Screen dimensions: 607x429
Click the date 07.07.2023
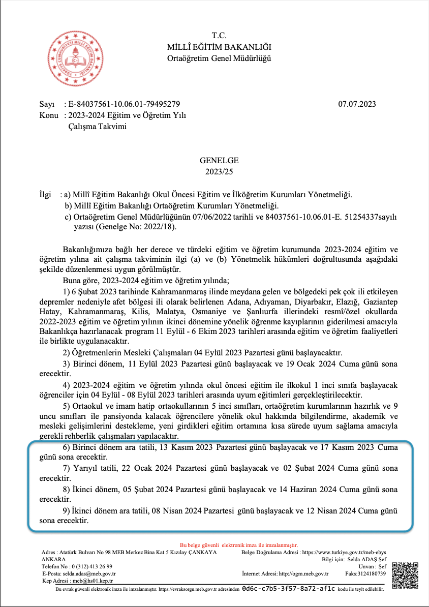357,104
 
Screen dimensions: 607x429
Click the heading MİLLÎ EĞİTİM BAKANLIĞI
219,47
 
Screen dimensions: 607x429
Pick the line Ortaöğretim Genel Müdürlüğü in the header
219,58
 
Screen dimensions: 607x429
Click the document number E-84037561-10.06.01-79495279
124,104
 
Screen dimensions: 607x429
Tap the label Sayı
47,104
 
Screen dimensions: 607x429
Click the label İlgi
46,194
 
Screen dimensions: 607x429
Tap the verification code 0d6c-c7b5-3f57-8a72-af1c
289,588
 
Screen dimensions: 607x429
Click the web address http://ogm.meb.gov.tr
304,573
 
